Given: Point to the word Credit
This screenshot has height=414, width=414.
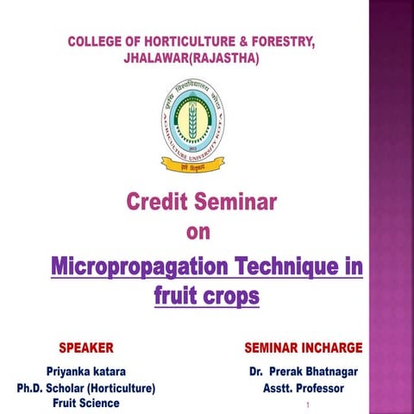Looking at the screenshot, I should [158, 203].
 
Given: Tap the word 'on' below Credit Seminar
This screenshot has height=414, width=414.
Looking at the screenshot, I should [198, 232].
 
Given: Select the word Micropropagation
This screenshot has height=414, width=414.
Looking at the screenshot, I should [137, 266].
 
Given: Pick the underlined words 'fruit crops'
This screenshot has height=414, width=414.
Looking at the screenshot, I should [205, 296].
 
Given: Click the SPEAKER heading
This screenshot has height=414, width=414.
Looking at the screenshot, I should [86, 348].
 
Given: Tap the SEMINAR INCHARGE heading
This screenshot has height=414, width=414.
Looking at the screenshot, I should [303, 348].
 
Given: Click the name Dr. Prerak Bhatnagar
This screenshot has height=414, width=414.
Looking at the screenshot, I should [303, 373].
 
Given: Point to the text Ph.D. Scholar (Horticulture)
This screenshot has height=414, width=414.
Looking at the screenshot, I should [80, 388].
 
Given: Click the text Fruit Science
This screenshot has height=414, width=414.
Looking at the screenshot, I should [86, 403].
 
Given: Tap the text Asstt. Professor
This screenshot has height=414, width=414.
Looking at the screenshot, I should [303, 388].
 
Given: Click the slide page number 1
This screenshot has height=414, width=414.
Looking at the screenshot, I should [307, 404].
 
